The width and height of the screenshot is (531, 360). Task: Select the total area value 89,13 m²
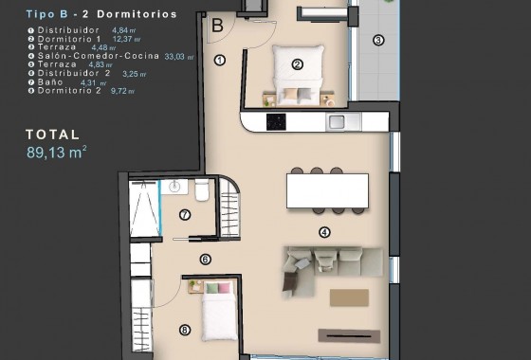tap(56, 151)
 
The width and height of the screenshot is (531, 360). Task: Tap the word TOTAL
tap(53, 135)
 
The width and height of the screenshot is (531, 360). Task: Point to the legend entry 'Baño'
tap(47, 82)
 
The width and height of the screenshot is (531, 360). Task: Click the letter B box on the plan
tap(217, 26)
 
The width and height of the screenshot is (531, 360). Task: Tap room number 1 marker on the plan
tap(219, 60)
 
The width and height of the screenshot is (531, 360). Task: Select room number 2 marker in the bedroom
tap(297, 64)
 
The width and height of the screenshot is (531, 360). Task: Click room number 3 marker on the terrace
tap(378, 40)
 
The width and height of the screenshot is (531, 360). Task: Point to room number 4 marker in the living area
tap(324, 231)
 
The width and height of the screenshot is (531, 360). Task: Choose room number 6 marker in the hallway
tap(205, 259)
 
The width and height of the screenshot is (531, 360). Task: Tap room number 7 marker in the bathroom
tap(185, 215)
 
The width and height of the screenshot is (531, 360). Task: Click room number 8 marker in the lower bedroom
tap(184, 331)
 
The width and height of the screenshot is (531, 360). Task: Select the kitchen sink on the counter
tap(337, 121)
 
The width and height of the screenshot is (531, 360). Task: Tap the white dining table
tap(326, 191)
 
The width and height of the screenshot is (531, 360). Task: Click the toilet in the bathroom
tap(202, 191)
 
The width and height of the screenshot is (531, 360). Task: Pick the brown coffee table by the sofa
tap(349, 297)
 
